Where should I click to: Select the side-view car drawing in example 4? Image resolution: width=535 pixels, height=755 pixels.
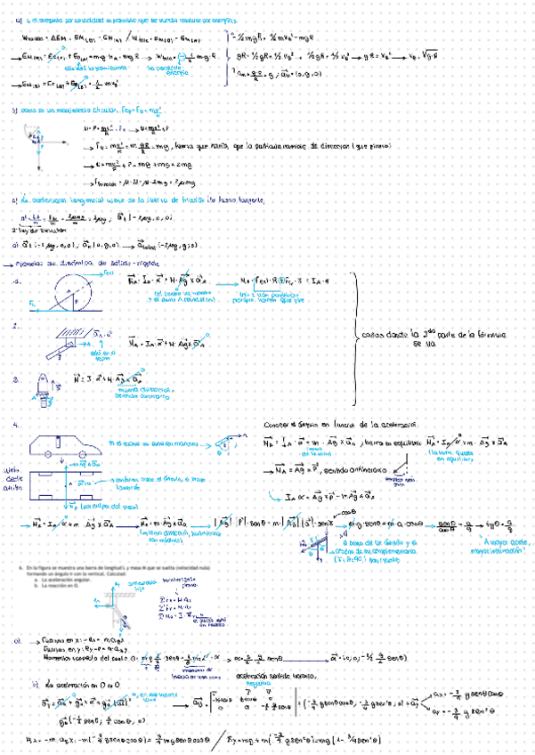point(67,448)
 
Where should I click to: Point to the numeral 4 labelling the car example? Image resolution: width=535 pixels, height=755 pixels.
point(15,426)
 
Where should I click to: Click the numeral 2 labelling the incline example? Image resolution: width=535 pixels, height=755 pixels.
point(15,327)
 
